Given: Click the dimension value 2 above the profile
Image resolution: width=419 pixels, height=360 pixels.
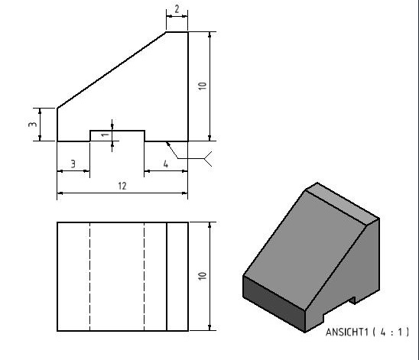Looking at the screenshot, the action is (x=177, y=9).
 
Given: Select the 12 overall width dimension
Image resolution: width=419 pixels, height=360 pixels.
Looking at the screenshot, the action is (x=122, y=186).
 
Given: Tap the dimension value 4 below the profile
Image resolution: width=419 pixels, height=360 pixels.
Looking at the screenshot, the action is (x=166, y=164).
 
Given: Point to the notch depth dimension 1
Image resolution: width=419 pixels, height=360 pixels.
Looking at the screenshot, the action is (x=106, y=135).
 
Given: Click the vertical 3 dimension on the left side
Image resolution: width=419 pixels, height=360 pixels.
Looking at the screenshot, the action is (x=33, y=125).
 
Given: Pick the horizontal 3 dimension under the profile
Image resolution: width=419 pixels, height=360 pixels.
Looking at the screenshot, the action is (x=73, y=164).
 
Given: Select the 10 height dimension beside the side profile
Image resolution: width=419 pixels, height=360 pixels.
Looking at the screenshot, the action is (x=203, y=86).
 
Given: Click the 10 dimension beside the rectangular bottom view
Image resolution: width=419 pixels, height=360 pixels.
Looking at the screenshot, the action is (x=203, y=276).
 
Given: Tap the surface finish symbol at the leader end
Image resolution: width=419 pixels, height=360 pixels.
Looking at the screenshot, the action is (x=208, y=159).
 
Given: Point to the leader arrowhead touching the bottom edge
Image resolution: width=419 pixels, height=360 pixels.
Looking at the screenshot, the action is (x=168, y=144).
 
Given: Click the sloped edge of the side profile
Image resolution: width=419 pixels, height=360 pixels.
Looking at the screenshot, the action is (x=112, y=70).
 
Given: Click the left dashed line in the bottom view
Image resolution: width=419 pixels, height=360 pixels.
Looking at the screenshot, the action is (x=89, y=277).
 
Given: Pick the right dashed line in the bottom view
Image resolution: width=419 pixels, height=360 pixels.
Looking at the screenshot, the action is (x=145, y=277).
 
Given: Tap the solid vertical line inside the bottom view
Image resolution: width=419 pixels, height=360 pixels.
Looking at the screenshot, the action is (x=167, y=277).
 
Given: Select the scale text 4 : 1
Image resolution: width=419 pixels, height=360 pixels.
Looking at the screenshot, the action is (x=391, y=332).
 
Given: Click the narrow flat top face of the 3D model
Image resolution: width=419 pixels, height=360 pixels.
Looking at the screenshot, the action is (x=343, y=203).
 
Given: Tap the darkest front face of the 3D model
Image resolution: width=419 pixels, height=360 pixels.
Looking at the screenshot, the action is (x=274, y=303).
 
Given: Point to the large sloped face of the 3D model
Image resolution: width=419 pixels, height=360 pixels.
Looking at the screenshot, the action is (x=304, y=250).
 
